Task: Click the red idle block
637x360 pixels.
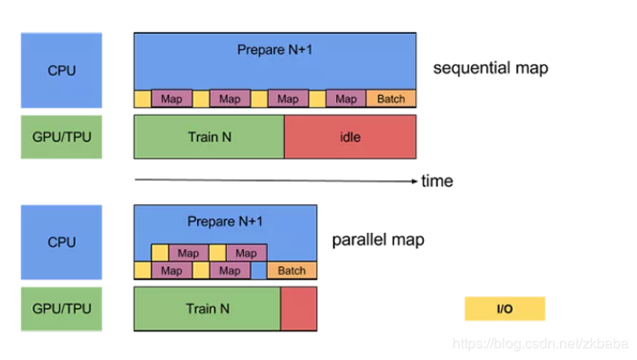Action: click(x=349, y=137)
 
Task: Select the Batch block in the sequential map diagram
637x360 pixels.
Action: click(x=391, y=99)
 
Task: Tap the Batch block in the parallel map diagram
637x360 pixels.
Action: click(x=292, y=270)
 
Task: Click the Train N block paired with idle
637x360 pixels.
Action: click(x=209, y=137)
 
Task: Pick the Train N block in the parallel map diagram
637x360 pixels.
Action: click(x=207, y=309)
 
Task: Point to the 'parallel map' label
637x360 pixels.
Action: click(x=378, y=240)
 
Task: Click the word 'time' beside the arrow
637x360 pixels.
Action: click(x=437, y=182)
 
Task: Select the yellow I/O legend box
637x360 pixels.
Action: click(x=504, y=309)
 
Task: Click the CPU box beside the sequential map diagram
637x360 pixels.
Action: click(x=61, y=70)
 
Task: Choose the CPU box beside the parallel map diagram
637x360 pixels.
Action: click(x=61, y=242)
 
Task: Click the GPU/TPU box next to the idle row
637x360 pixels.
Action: click(x=61, y=137)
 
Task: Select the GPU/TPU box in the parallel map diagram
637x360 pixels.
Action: click(x=61, y=309)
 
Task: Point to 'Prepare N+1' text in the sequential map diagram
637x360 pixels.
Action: click(x=274, y=49)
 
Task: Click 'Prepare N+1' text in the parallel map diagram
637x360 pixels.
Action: click(x=225, y=221)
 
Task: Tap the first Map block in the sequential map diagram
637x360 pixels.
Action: click(x=171, y=99)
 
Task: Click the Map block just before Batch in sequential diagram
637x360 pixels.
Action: click(x=346, y=99)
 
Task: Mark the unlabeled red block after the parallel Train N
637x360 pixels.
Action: click(x=298, y=309)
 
